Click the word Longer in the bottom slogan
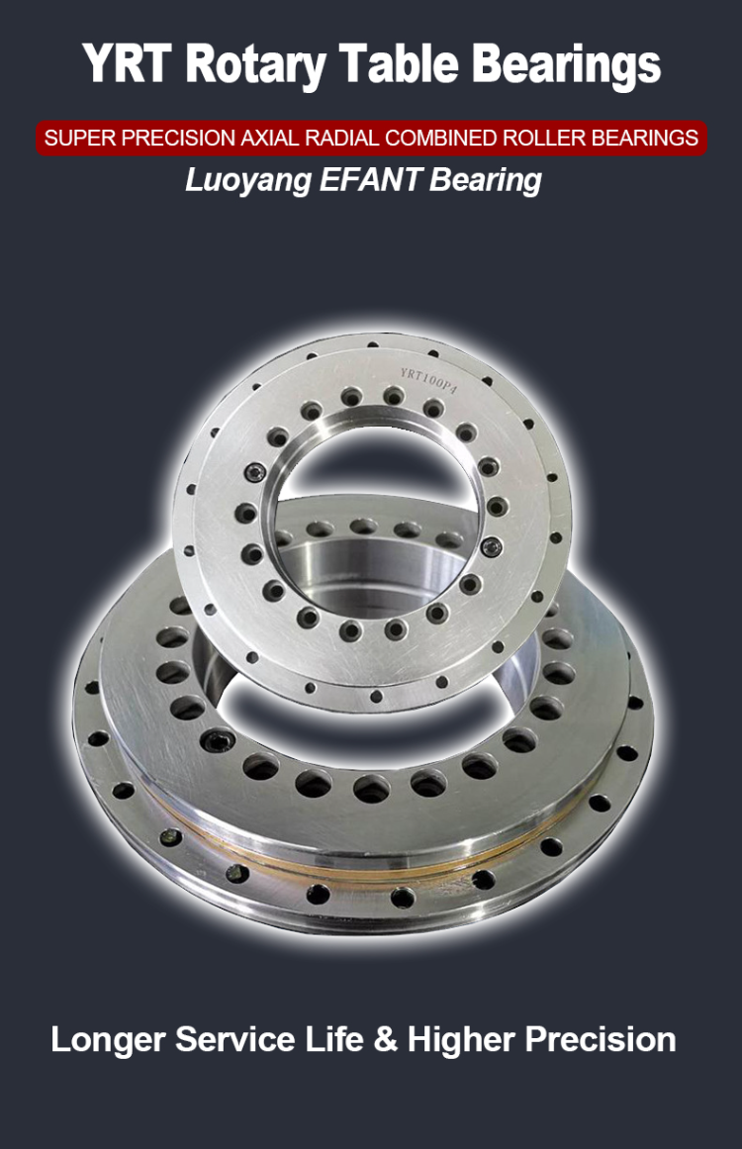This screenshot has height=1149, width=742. tap(108, 1040)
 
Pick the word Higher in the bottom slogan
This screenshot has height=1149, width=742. tap(461, 1040)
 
